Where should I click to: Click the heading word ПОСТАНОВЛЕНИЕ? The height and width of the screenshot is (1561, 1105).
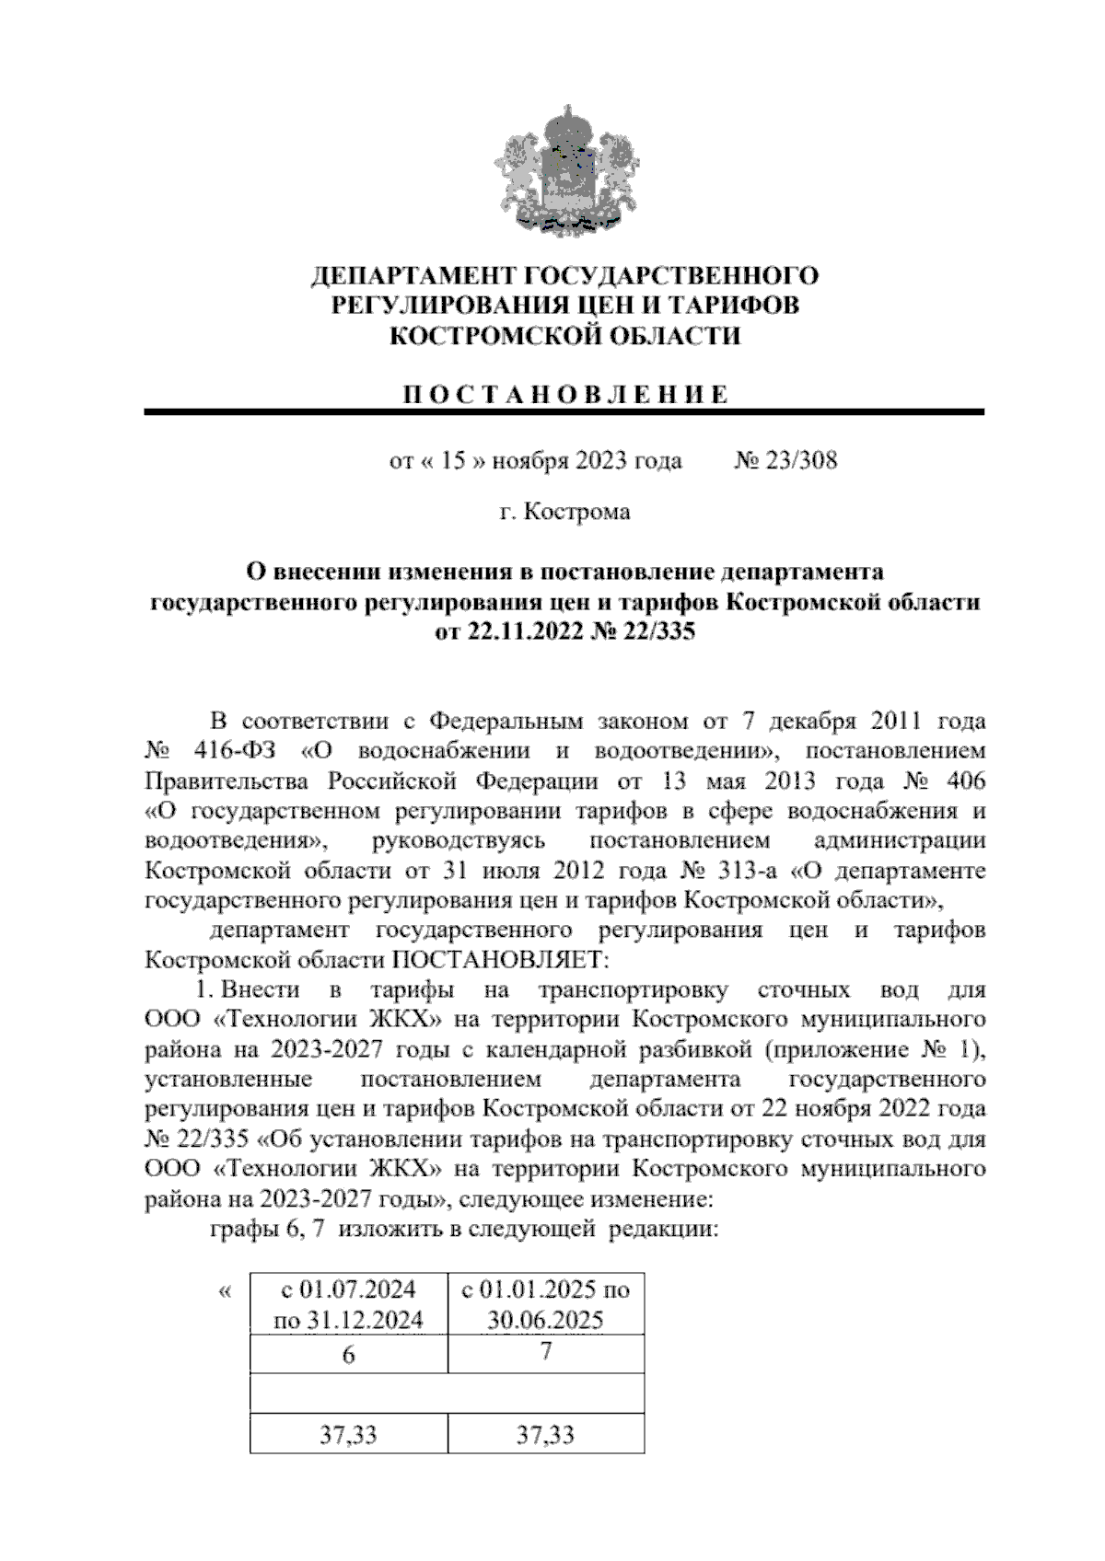pos(565,395)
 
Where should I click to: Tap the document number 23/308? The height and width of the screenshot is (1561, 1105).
pos(797,460)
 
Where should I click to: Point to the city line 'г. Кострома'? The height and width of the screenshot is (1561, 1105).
pos(564,511)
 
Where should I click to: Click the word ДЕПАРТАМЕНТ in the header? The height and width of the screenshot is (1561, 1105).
pos(410,275)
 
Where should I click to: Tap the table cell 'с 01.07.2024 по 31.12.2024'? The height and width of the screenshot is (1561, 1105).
pos(348,1303)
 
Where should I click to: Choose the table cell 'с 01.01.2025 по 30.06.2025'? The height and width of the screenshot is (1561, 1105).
pos(545,1303)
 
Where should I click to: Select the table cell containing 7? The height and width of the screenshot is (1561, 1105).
pos(545,1352)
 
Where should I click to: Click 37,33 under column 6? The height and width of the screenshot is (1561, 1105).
pos(348,1434)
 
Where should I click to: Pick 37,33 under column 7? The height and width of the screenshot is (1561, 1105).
pos(545,1434)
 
